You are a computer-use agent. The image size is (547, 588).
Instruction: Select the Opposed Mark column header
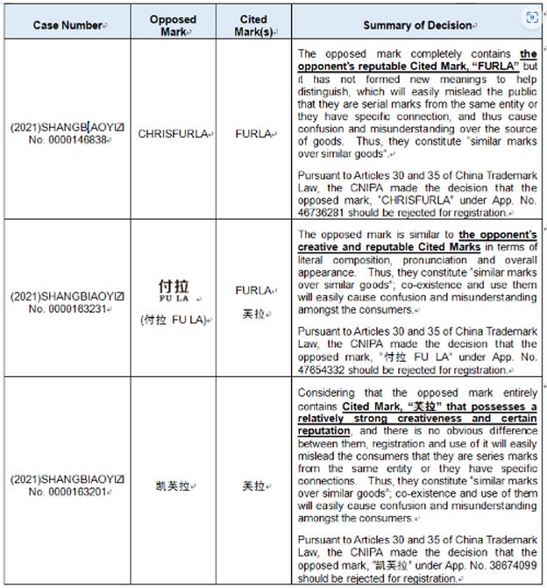tap(173, 25)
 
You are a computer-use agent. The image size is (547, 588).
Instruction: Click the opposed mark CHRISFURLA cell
tap(172, 134)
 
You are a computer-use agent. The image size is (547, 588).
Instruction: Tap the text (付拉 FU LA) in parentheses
tap(173, 319)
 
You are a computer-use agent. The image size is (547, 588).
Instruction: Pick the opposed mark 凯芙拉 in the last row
tap(173, 485)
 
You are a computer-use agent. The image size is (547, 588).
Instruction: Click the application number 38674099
tap(513, 565)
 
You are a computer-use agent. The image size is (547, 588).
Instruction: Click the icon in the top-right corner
tap(531, 18)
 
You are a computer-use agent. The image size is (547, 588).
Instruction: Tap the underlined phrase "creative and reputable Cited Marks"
tap(389, 248)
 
